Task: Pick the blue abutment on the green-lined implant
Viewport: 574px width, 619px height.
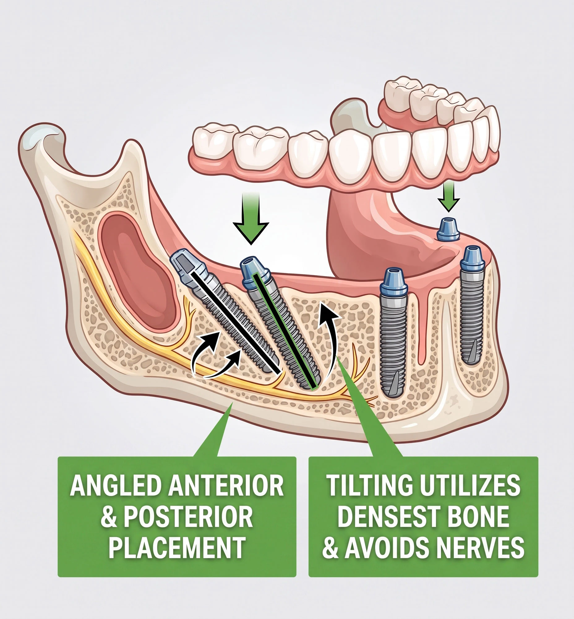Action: (255, 272)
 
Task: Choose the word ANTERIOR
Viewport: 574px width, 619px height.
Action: (226, 486)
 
